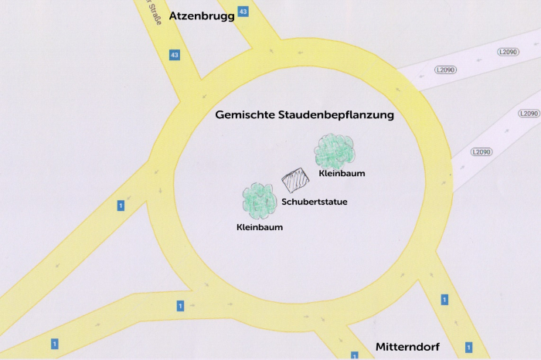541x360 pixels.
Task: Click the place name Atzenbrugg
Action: (202, 15)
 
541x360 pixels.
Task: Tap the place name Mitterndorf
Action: (407, 347)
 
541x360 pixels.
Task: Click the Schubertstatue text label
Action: (314, 202)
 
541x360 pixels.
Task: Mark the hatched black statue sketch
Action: (294, 181)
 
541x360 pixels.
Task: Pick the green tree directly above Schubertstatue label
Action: (334, 151)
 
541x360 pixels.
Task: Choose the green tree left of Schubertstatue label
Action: (260, 201)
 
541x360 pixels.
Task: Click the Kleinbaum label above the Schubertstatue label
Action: (342, 174)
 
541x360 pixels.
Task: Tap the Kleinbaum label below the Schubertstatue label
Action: (260, 227)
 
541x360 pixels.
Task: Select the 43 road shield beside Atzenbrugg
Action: (243, 12)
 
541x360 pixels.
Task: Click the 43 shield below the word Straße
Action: (175, 56)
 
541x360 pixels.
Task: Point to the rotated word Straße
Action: (153, 12)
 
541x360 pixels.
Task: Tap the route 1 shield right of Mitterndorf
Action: (468, 348)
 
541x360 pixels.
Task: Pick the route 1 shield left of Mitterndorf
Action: (355, 355)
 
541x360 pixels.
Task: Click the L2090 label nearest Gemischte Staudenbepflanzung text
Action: (446, 70)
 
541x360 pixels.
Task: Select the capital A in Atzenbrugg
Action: (174, 15)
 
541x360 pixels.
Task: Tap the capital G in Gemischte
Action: (219, 115)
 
